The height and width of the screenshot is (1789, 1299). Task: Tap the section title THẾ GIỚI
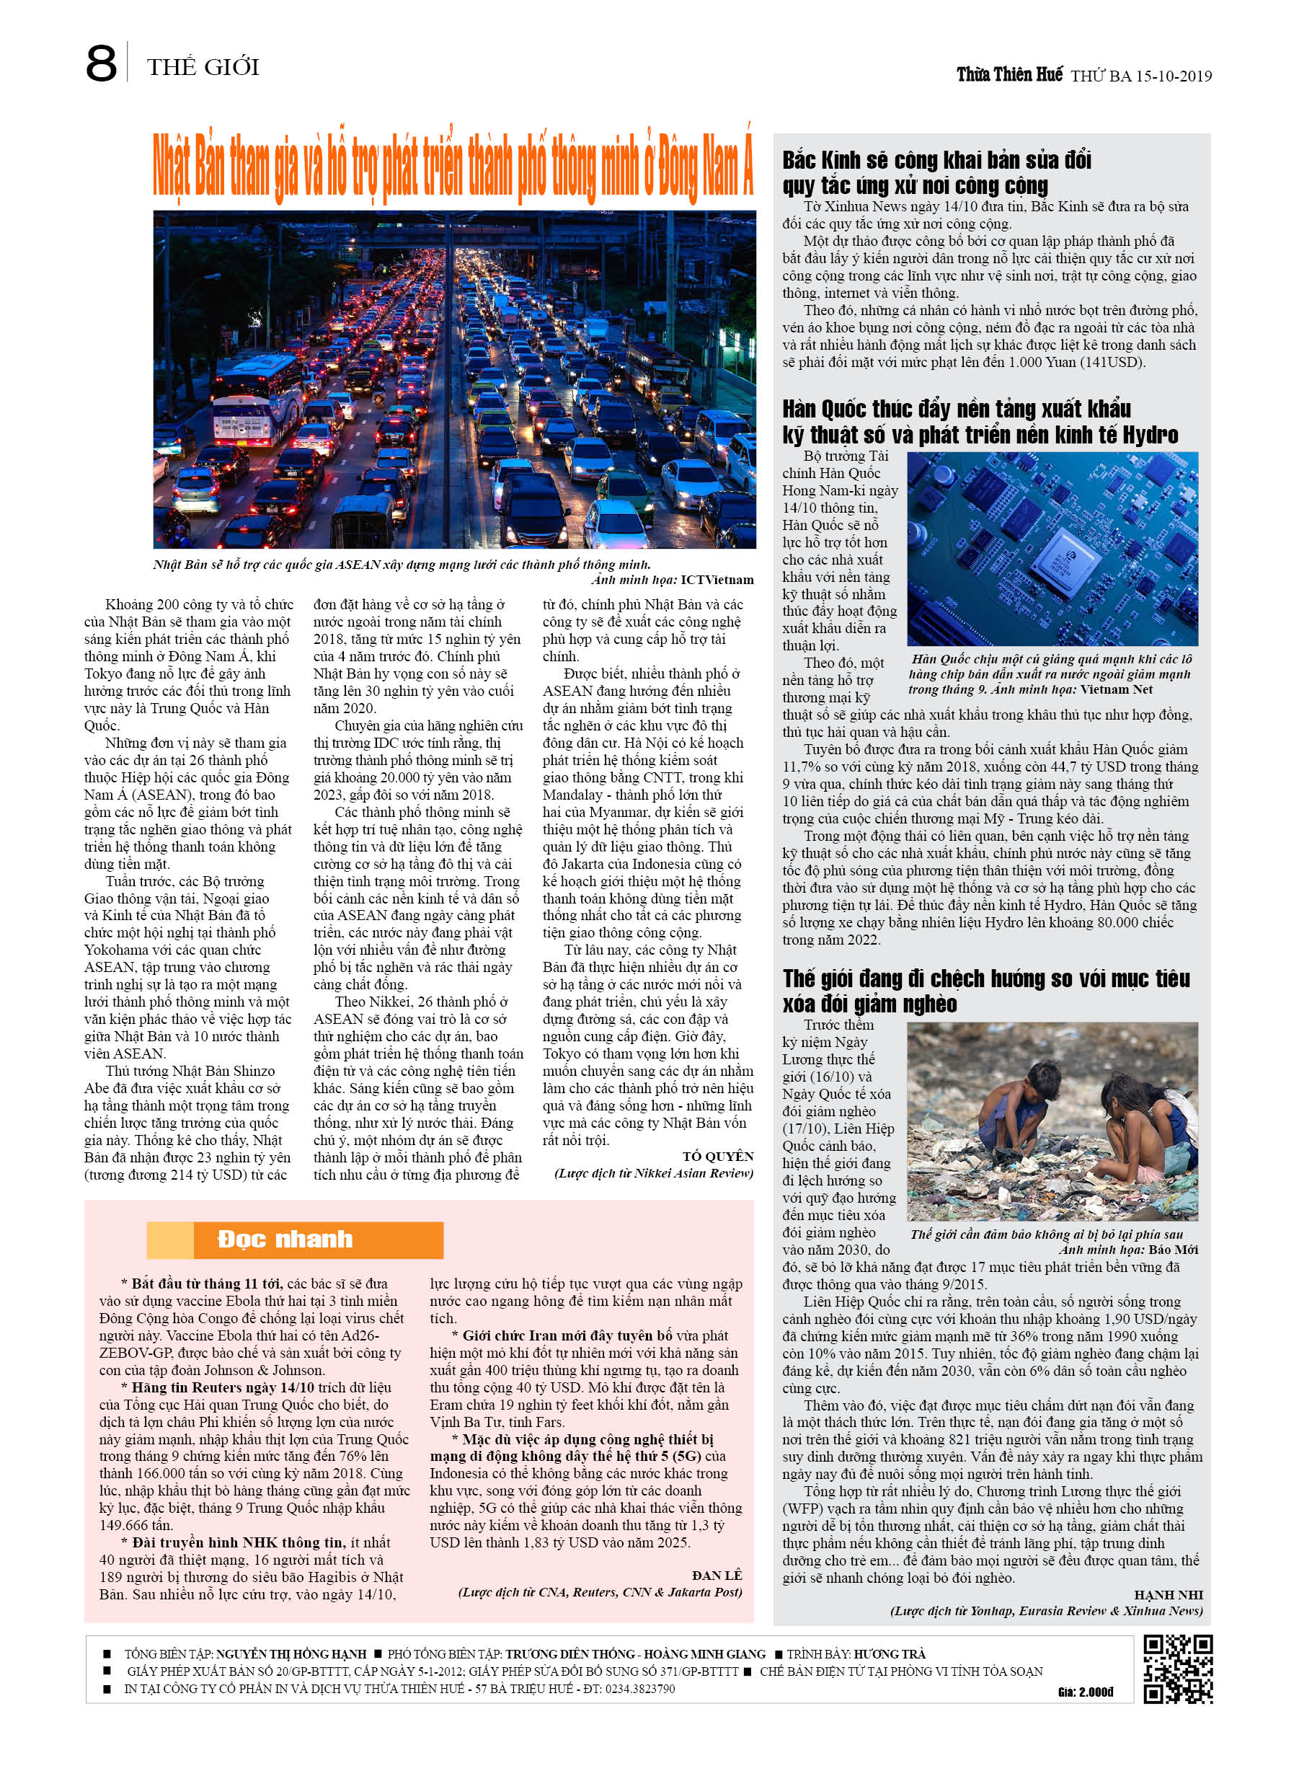click(203, 67)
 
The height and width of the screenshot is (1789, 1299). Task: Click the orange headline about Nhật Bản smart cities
click(453, 167)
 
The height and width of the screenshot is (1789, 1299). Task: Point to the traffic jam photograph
click(454, 379)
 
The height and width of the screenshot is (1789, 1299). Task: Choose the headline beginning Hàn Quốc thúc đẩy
click(980, 422)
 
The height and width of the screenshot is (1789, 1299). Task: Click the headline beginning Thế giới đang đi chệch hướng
click(986, 991)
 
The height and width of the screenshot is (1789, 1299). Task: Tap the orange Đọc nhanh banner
click(295, 1240)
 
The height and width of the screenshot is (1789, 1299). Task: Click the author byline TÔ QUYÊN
click(718, 1157)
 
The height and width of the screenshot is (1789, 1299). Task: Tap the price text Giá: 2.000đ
click(1085, 1693)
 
